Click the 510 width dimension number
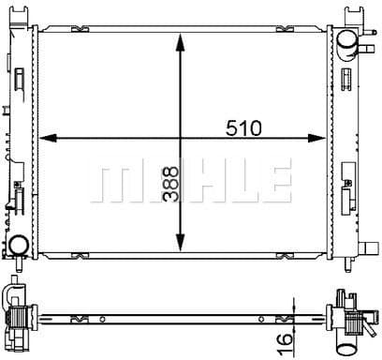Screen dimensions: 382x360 (243, 128)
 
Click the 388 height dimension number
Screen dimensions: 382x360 (170, 184)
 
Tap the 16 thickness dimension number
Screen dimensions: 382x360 (286, 344)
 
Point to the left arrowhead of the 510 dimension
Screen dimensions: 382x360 (48, 138)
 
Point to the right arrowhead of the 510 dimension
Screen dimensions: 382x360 (317, 138)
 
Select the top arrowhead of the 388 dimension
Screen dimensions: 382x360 (181, 43)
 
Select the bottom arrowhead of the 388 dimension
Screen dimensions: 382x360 (181, 242)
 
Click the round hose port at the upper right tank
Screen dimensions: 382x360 (347, 39)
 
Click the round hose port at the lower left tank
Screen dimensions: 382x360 (19, 246)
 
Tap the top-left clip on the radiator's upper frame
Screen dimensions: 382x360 (81, 29)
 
